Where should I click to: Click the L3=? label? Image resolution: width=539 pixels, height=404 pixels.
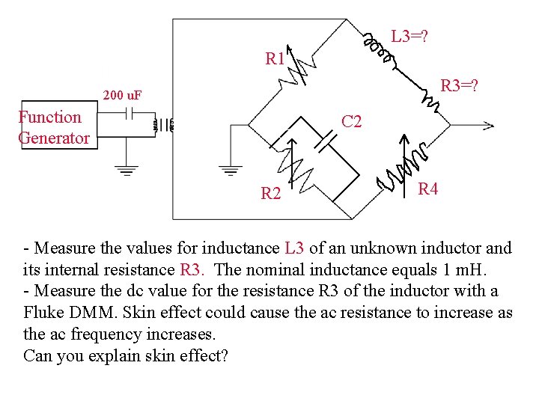[409, 35]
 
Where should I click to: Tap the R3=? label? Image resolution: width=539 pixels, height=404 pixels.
[460, 86]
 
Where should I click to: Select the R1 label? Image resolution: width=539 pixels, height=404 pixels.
[275, 58]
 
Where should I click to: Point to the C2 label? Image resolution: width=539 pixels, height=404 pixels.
[351, 121]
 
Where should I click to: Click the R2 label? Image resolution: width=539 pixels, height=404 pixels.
[270, 195]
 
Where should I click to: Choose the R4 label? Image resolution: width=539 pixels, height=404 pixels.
[427, 189]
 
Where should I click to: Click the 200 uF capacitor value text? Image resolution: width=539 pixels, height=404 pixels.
[124, 95]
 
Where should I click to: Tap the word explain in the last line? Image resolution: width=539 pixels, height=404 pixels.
[116, 355]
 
